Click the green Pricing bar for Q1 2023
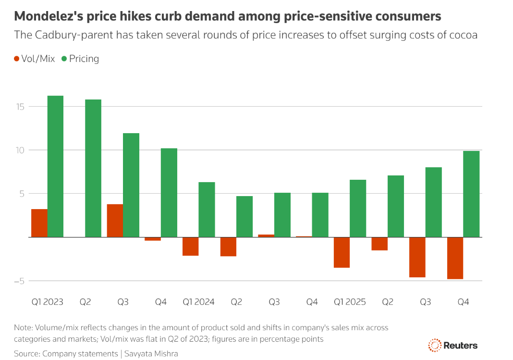(55, 166)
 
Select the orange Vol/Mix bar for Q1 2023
(39, 223)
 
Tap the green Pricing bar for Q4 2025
(471, 194)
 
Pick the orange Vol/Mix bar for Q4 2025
(455, 258)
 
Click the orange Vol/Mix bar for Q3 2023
(115, 221)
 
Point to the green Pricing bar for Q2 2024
(244, 216)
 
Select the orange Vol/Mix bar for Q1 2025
(342, 252)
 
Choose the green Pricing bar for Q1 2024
(207, 210)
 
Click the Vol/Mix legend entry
(34, 59)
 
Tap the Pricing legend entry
(80, 59)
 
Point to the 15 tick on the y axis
(20, 106)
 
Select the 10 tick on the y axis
(20, 150)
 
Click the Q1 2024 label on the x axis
(198, 302)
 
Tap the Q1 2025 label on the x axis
(350, 302)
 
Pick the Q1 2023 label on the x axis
(47, 302)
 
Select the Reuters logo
(452, 345)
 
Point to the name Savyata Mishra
(150, 354)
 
